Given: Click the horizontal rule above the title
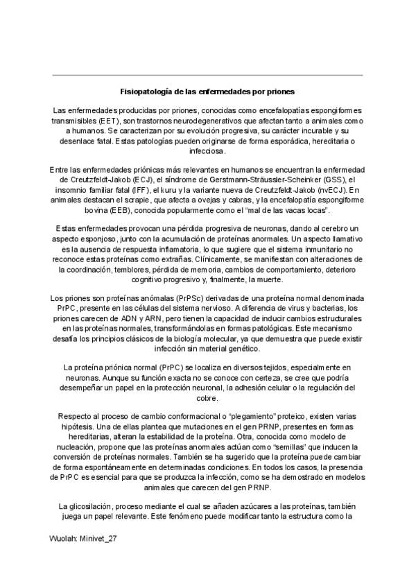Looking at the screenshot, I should tap(207, 75).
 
